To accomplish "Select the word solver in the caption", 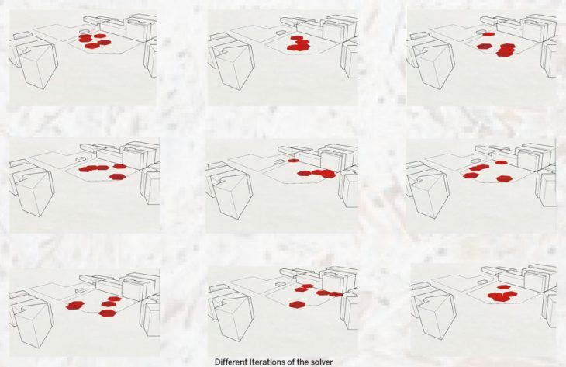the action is click(x=322, y=362).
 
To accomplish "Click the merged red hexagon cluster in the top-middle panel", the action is click(x=299, y=43).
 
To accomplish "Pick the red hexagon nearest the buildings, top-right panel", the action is click(x=488, y=34).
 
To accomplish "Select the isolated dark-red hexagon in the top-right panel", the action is click(x=483, y=47).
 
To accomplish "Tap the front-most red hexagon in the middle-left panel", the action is click(x=117, y=177).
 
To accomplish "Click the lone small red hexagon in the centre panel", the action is click(x=294, y=161).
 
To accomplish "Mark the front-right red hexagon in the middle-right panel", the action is click(x=503, y=178).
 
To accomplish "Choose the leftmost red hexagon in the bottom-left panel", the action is click(x=75, y=306).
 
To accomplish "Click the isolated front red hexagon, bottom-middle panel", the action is click(x=297, y=305).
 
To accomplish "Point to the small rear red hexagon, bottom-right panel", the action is click(x=504, y=287).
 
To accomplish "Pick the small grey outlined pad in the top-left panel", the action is click(x=84, y=32).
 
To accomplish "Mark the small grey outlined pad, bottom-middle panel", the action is click(x=280, y=284).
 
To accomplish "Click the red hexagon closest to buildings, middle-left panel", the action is click(x=120, y=167).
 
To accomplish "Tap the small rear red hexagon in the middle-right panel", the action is click(x=501, y=162).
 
